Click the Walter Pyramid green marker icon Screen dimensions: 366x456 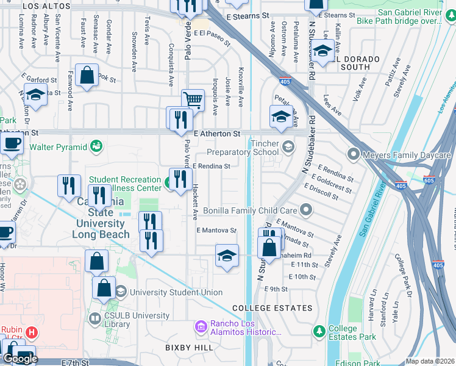point(96,145)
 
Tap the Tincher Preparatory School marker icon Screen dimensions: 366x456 point(287,145)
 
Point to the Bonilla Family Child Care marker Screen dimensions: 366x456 point(306,210)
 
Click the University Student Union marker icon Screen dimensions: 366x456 point(121,292)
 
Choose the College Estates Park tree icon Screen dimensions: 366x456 point(318,331)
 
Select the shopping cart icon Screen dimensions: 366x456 point(193,99)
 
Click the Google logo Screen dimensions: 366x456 point(20,359)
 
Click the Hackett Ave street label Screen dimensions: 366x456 point(195,201)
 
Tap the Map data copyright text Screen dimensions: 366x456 point(430,361)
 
